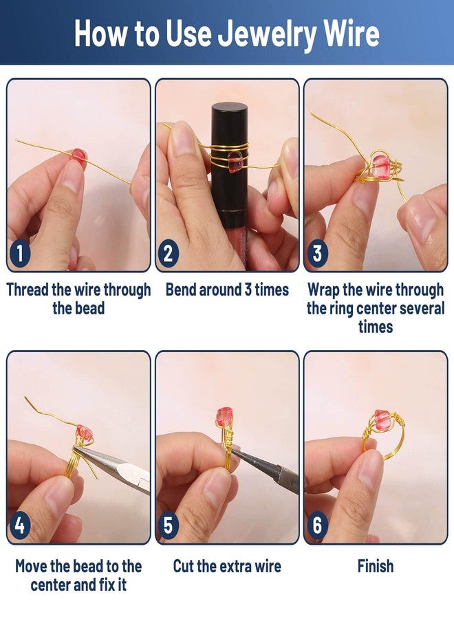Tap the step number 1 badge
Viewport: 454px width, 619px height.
20,254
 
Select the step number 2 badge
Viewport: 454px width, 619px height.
168,254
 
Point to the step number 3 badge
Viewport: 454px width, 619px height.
316,254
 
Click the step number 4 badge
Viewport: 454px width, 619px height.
20,527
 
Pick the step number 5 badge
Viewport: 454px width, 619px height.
168,527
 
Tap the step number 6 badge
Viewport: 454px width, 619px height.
316,527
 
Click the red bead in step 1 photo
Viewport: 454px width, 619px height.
79,155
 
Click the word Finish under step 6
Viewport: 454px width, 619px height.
376,566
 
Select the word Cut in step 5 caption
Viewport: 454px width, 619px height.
184,566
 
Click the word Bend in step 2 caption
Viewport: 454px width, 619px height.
180,290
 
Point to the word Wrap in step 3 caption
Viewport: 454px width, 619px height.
323,290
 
